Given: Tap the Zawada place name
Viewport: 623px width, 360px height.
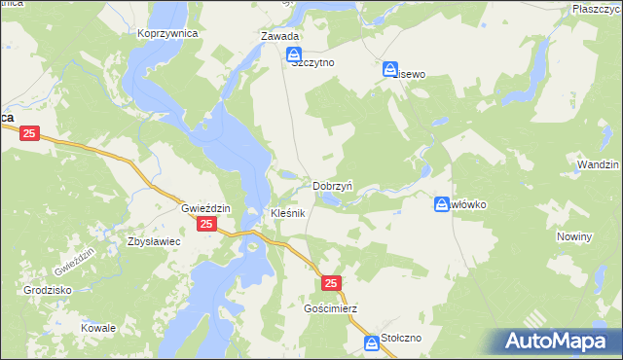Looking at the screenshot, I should [x=279, y=37].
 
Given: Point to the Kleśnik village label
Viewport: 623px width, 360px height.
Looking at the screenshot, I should [x=288, y=212].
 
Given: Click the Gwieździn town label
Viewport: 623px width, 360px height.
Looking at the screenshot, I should [x=204, y=208].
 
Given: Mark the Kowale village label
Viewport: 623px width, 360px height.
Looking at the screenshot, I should [x=98, y=328].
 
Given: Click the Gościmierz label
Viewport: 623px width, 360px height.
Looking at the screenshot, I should [x=330, y=308].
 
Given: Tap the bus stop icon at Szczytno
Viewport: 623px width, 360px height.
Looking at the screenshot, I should [x=294, y=57].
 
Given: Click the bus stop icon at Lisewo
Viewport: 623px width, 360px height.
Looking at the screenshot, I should [x=390, y=70].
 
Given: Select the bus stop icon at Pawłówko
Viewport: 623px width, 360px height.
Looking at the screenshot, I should [x=441, y=204].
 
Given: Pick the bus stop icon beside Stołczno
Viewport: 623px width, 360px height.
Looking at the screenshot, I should [x=372, y=343].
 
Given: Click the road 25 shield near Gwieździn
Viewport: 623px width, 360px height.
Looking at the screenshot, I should [x=206, y=225].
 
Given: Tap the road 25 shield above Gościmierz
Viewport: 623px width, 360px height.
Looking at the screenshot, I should [x=331, y=283].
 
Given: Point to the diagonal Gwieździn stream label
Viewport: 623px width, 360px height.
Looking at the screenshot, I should [x=74, y=260].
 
